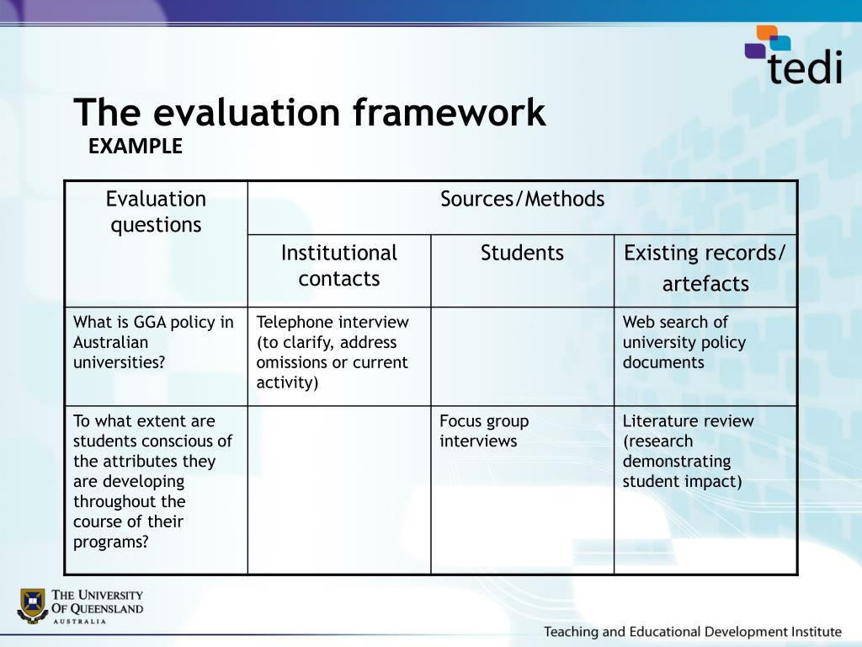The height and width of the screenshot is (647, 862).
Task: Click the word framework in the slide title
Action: (449, 113)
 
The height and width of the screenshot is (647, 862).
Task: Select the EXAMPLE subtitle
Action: (136, 147)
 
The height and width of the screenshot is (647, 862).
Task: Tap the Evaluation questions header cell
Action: (156, 212)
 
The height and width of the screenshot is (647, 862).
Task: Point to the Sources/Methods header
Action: (522, 200)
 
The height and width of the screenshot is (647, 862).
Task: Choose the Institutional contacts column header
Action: (338, 265)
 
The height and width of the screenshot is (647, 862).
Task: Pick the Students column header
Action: (522, 254)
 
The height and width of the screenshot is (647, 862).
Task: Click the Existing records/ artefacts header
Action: (705, 268)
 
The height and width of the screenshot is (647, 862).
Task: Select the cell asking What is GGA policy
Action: (153, 342)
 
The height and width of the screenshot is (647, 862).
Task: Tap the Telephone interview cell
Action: (333, 352)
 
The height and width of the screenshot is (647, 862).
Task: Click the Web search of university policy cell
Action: (684, 342)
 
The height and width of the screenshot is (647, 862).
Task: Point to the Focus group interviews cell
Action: (484, 430)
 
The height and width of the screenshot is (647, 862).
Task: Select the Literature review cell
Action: (688, 451)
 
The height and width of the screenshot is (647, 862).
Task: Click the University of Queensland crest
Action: (32, 605)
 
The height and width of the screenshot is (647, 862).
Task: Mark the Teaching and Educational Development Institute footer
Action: (692, 631)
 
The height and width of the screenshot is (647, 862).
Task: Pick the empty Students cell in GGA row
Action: (522, 356)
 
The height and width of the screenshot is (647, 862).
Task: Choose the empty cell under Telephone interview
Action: (338, 489)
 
